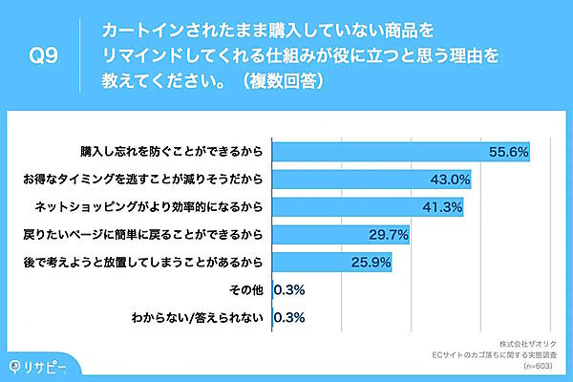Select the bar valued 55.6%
click(401, 152)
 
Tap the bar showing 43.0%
click(371, 179)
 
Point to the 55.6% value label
click(508, 152)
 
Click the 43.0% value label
click(451, 179)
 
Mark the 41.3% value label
click(443, 206)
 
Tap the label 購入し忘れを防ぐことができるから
click(173, 152)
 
